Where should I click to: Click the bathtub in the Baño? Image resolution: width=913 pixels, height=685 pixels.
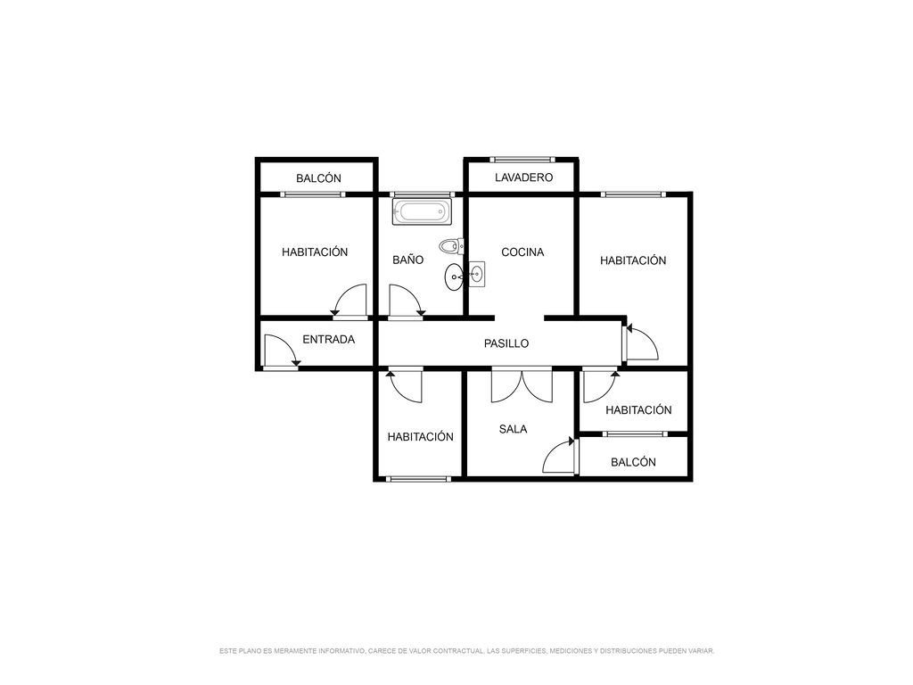coord(422,211)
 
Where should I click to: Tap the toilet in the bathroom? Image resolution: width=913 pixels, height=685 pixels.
coord(451,246)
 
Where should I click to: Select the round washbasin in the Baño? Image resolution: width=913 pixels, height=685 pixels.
coord(454,277)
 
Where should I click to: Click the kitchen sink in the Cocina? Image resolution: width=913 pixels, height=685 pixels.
coord(478,273)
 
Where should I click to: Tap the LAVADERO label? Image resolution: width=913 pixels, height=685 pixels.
coord(523,177)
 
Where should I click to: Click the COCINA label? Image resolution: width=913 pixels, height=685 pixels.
coord(522,252)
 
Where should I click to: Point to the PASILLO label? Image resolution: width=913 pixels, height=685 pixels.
coord(506,343)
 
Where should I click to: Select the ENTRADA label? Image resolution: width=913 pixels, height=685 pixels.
coord(328,340)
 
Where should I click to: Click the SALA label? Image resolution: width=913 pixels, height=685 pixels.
coord(513,429)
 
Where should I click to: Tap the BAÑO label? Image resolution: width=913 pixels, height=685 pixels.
coord(407,260)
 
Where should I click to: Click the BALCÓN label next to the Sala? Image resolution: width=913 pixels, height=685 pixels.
coord(633,463)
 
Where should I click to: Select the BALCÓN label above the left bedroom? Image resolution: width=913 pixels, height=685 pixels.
coord(318,178)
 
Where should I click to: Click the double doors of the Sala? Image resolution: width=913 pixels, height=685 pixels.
coord(522,384)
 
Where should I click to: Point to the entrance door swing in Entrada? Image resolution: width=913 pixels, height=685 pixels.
coord(281,351)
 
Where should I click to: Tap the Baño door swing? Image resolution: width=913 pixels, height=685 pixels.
coord(406,301)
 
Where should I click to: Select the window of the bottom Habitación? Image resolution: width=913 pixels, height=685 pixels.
coord(419,479)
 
